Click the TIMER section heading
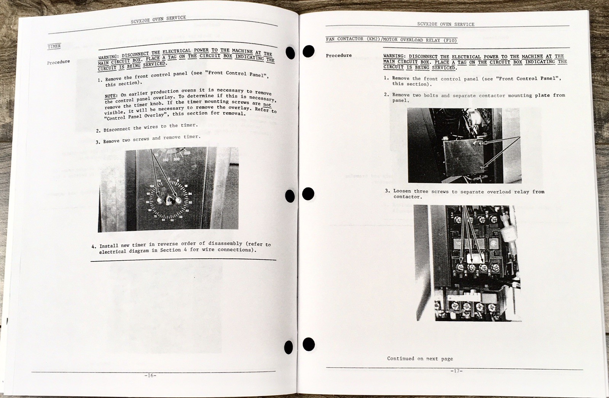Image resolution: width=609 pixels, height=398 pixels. click(x=54, y=46)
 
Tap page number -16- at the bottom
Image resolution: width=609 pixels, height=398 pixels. click(x=150, y=376)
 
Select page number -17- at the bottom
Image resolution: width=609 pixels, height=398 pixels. click(x=456, y=371)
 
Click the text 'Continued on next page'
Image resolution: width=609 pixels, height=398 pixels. click(x=420, y=358)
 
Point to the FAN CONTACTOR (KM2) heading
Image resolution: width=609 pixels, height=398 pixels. click(x=392, y=40)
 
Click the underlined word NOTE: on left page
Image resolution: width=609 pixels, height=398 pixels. click(x=111, y=96)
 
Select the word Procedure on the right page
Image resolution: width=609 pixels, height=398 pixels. click(x=339, y=56)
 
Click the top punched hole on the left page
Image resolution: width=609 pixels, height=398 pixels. click(x=290, y=53)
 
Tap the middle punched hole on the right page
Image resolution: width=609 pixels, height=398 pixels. click(x=308, y=194)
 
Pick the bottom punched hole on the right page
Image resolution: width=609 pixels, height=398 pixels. click(x=309, y=344)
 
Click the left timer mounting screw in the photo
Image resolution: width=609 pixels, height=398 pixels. click(x=159, y=201)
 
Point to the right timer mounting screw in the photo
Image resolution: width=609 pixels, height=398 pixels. click(x=178, y=201)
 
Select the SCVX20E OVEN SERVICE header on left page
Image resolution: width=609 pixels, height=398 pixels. click(x=158, y=19)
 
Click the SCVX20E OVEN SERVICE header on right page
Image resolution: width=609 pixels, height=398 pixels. click(x=446, y=24)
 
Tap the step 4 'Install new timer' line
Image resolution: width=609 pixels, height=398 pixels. click(x=181, y=247)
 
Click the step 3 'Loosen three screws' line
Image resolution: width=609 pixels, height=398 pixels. click(x=465, y=194)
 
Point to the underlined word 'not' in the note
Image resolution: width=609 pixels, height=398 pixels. click(x=267, y=104)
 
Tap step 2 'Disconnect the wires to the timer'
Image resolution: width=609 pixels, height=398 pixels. click(x=147, y=127)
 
